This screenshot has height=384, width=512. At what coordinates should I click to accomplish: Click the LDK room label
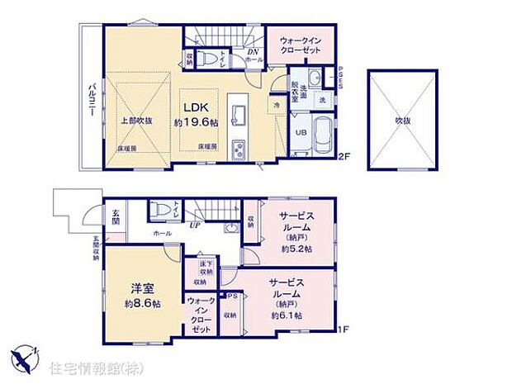click(x=195, y=107)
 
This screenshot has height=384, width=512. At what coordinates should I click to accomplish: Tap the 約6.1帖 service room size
click(x=288, y=315)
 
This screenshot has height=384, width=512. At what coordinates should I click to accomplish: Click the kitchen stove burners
click(x=237, y=150)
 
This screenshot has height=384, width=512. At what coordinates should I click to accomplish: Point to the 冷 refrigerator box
click(x=277, y=106)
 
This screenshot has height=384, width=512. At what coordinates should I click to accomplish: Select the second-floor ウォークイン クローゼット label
click(x=301, y=44)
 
